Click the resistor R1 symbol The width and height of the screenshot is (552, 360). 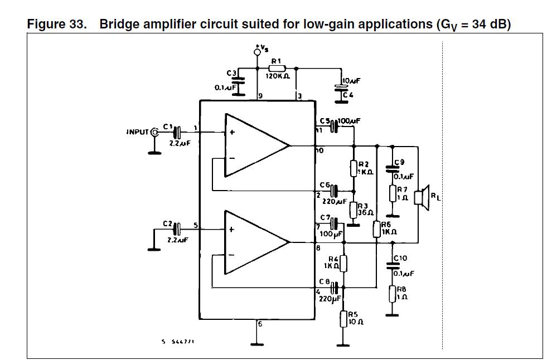pos(277,68)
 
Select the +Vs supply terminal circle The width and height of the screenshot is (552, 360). pos(257,52)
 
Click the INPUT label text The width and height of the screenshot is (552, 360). pos(137,132)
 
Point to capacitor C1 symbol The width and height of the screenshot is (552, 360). pos(177,132)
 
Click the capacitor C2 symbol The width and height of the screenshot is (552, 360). pos(177,228)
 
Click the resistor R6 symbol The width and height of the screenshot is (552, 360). pos(377,229)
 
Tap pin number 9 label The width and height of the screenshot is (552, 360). pos(260,96)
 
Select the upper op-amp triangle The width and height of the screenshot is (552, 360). pos(257,146)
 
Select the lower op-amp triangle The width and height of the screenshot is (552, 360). pos(257,242)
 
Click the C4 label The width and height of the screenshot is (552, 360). pos(348,95)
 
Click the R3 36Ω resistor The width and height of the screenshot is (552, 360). pos(354,210)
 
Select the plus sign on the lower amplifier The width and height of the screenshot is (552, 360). pos(231,229)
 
